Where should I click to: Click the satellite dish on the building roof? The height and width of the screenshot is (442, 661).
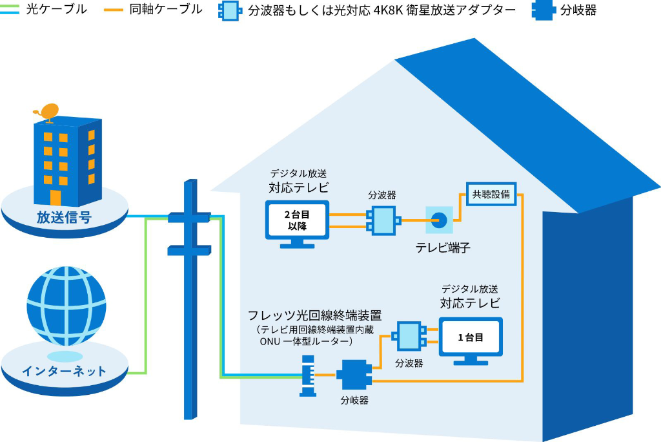pos(48,112)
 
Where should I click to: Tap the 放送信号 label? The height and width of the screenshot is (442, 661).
pos(63,218)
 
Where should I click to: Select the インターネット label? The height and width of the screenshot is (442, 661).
pos(64,371)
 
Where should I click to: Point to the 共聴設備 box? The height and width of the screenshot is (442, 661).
pos(491,194)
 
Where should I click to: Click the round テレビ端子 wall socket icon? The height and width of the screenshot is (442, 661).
pos(440,220)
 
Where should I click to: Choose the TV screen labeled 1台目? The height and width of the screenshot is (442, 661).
pos(470,337)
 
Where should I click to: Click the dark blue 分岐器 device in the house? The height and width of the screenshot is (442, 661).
pos(354,375)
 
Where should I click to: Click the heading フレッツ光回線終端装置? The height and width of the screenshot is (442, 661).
pos(315,316)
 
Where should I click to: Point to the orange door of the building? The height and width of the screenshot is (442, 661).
pos(56,197)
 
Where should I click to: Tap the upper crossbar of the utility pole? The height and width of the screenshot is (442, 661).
pos(188,217)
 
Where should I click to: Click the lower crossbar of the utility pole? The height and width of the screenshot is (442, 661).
pos(188,248)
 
